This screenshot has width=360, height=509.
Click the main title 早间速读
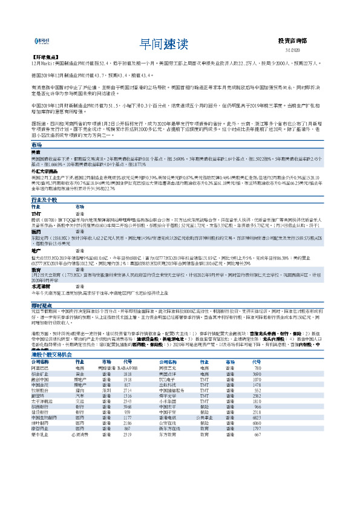[164, 43]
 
